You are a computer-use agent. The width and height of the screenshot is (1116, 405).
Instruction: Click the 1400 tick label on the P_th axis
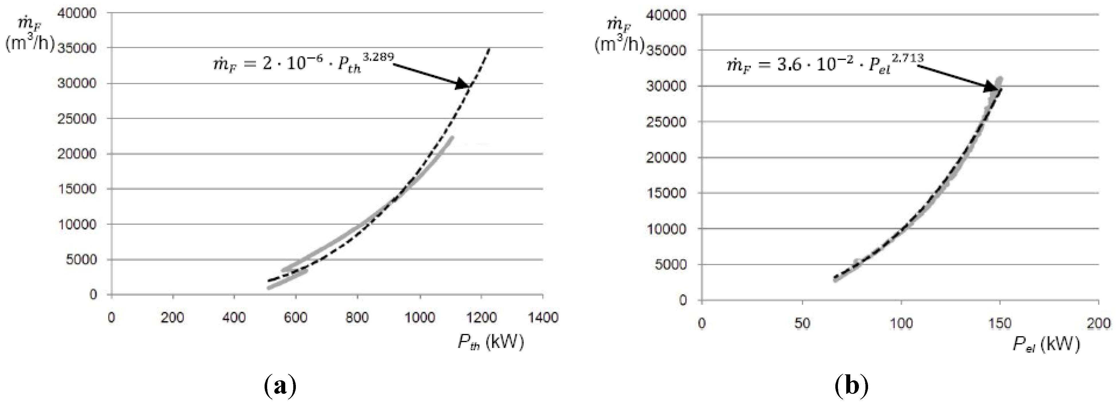click(543, 318)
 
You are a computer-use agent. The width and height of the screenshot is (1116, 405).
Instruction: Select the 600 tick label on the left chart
click(296, 318)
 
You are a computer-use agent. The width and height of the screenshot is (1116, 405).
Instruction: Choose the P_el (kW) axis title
click(1046, 345)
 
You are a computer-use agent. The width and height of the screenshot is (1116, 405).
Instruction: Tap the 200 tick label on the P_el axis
click(1099, 323)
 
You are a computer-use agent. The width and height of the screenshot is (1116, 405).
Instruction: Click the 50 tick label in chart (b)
click(802, 323)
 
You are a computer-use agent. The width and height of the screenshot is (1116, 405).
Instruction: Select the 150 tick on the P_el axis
click(1000, 323)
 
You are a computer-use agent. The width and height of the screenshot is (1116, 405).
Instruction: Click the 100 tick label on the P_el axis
click(901, 323)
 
